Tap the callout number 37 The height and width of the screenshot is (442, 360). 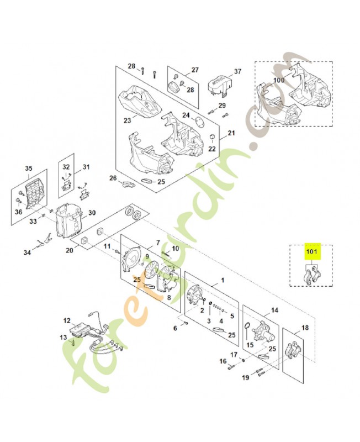pos(238,72)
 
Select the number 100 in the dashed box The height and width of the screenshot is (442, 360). pos(279,80)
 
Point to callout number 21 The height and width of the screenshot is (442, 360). pos(231,133)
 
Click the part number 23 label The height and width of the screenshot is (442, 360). pos(127,120)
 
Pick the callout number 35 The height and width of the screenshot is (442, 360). pos(29,169)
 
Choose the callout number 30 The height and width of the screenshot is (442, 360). pos(92,213)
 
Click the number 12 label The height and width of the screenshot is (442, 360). pos(67,320)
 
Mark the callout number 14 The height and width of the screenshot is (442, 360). pos(274,311)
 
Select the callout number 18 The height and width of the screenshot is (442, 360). pos(305,328)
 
